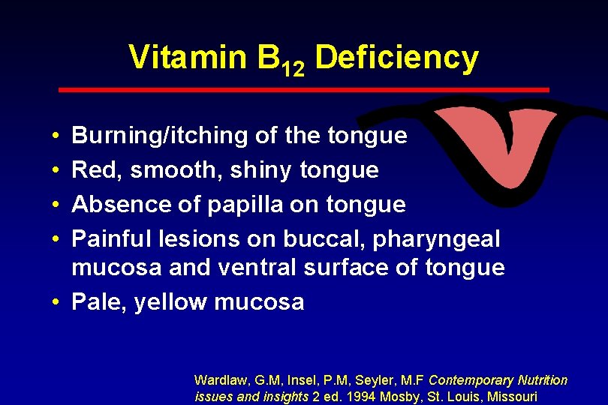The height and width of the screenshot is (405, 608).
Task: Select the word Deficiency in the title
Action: click(396, 58)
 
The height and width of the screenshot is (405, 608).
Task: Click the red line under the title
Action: click(304, 89)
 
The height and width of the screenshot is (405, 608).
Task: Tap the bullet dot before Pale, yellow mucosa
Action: click(57, 303)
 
